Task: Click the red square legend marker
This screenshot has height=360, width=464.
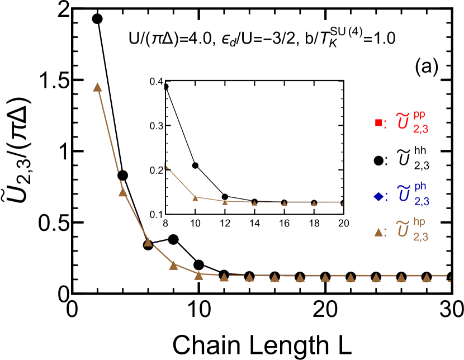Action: pyautogui.click(x=378, y=123)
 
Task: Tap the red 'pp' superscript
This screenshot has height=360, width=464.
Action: pyautogui.click(x=419, y=115)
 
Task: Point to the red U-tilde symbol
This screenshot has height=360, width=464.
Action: pyautogui.click(x=403, y=121)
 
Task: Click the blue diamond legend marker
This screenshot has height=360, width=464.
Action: pyautogui.click(x=378, y=196)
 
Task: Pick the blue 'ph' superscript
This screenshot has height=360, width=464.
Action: pyautogui.click(x=420, y=186)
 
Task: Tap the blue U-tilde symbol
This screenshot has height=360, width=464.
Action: pyautogui.click(x=404, y=194)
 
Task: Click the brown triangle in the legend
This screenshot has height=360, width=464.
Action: pyautogui.click(x=378, y=232)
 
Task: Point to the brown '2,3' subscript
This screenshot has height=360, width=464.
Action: pyautogui.click(x=421, y=236)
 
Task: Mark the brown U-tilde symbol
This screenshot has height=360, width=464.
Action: pyautogui.click(x=403, y=229)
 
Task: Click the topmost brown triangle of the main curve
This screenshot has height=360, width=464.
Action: pyautogui.click(x=97, y=87)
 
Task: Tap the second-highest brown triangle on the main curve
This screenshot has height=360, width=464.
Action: pyautogui.click(x=123, y=192)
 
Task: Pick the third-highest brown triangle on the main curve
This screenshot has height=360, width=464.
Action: pyautogui.click(x=148, y=242)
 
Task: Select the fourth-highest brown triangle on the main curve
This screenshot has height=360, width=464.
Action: pyautogui.click(x=174, y=265)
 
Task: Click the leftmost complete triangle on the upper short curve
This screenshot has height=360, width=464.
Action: pyautogui.click(x=195, y=197)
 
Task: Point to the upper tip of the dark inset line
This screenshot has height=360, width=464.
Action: pyautogui.click(x=167, y=90)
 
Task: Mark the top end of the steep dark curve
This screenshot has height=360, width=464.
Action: pyautogui.click(x=101, y=20)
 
